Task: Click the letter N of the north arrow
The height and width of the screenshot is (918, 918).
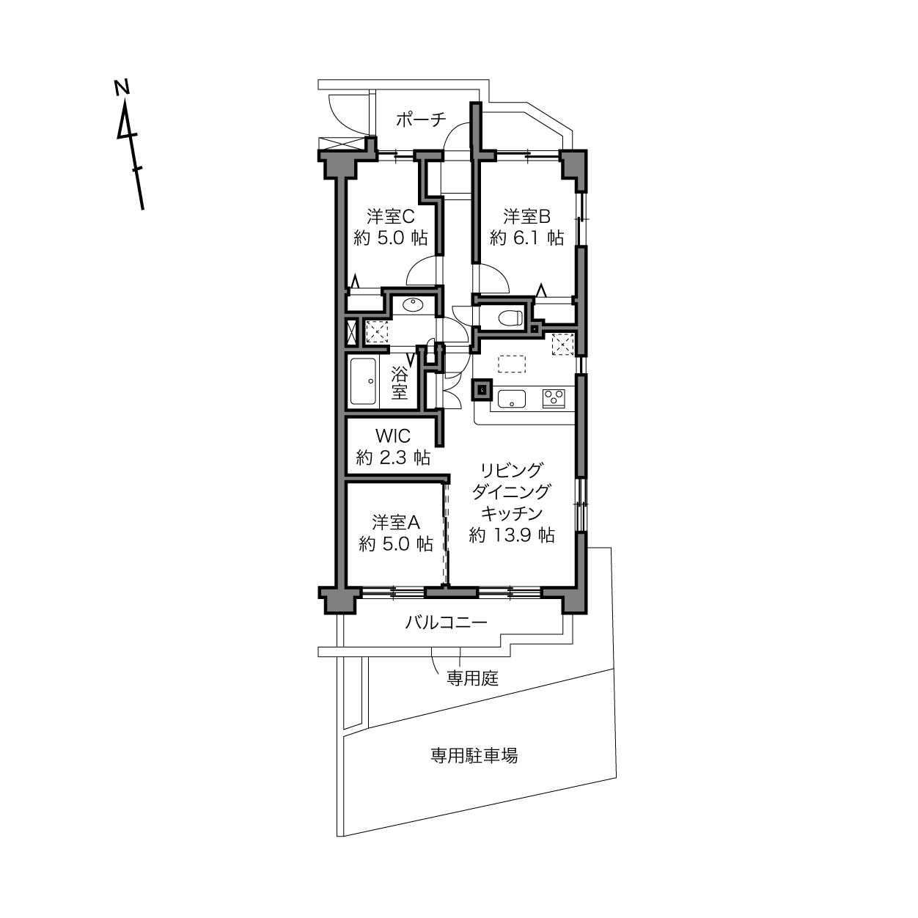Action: [122, 87]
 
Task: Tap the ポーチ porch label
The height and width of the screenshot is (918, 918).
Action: [421, 119]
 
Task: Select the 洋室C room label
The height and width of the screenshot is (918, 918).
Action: [391, 217]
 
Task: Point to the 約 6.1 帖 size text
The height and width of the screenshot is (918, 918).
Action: [527, 238]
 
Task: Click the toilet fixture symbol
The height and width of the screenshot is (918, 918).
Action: [510, 317]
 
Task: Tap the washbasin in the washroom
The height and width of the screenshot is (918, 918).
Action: [413, 304]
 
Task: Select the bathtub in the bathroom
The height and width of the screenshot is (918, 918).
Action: [363, 381]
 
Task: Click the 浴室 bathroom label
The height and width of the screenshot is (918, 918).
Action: [399, 383]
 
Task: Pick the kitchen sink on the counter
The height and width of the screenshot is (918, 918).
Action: [512, 399]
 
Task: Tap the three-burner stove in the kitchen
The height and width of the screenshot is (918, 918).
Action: [554, 398]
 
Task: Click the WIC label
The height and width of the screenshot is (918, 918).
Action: [393, 436]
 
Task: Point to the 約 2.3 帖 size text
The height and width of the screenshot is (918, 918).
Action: [393, 458]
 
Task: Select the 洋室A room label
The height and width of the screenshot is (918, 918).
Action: [396, 523]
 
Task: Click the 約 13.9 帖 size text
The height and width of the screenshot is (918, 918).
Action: [512, 535]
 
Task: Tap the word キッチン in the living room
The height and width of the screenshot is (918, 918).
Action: [512, 513]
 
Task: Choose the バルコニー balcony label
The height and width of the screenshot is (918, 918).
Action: [447, 623]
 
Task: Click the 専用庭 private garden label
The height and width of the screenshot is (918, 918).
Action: [472, 678]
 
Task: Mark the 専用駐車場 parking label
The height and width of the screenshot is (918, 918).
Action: [474, 755]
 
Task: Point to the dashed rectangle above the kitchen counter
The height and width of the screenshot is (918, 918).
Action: [512, 364]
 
